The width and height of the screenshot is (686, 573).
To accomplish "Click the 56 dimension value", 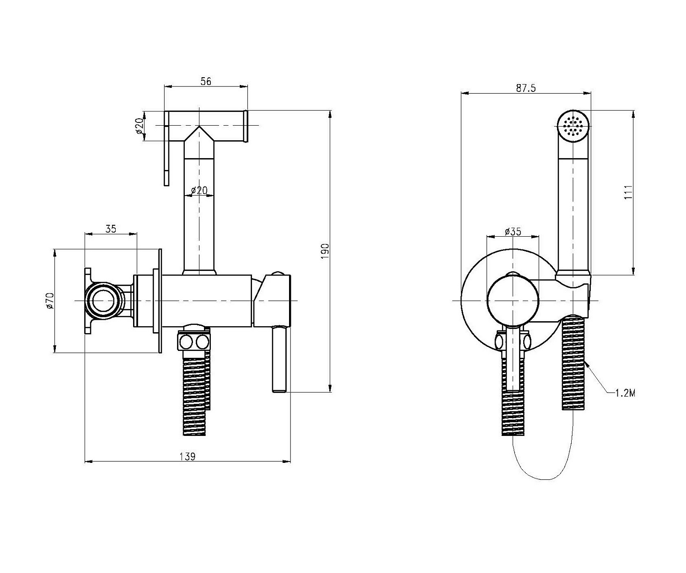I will tap(206, 81).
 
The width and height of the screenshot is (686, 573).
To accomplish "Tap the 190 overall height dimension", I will tap(325, 251).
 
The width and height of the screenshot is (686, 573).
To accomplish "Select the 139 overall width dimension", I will tap(188, 456).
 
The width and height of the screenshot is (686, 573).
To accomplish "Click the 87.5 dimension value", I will tap(525, 88).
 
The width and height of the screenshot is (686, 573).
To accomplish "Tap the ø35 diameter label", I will tap(513, 231).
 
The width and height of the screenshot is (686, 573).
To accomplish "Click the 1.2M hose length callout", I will tap(625, 393).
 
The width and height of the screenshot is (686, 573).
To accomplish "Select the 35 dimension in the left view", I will tap(111, 229).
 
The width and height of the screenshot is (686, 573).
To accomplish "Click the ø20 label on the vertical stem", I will tap(199, 190).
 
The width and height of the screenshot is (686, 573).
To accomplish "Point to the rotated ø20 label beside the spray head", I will tap(139, 126).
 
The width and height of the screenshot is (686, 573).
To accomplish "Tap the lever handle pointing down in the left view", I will tap(279, 361).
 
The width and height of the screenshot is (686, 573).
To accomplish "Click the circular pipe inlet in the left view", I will tap(104, 301).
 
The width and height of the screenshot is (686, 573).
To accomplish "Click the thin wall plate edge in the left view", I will tap(160, 301).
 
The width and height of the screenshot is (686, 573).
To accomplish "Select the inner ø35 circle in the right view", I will tap(513, 301).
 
